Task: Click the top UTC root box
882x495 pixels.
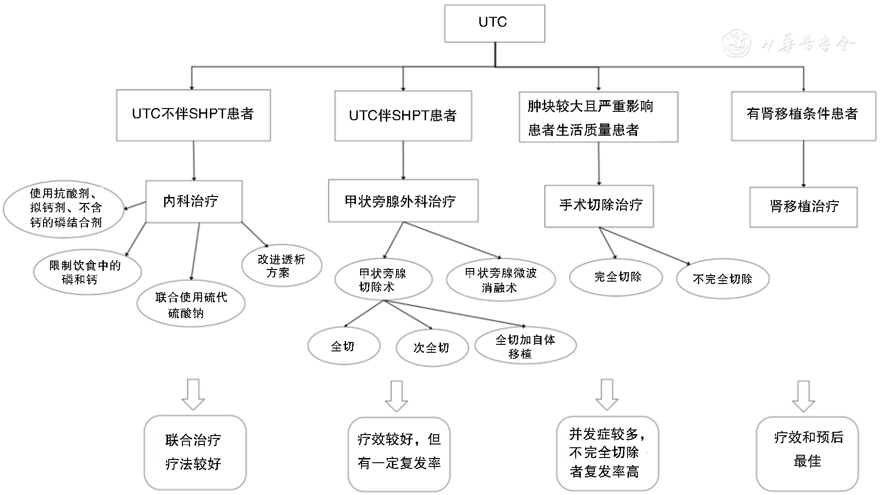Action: [x=494, y=23]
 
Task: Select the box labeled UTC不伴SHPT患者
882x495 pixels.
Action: [x=193, y=115]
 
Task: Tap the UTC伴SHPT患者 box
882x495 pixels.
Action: [x=403, y=116]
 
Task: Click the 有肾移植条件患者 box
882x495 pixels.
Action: [x=803, y=115]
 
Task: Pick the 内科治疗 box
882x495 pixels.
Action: [x=194, y=201]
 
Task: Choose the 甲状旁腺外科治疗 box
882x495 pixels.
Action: [x=403, y=201]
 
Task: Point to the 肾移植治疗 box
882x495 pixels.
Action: [x=803, y=207]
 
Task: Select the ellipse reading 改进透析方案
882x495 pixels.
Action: [x=282, y=265]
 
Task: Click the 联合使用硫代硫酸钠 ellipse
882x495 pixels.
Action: [x=191, y=305]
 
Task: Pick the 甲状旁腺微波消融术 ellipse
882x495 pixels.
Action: [x=500, y=280]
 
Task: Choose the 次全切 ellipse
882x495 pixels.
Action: [x=432, y=348]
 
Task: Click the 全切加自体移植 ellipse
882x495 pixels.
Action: [x=525, y=346]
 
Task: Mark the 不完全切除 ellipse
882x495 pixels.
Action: [x=722, y=279]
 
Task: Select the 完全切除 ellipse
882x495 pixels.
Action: [x=615, y=277]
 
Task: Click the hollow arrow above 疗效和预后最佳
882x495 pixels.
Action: [x=803, y=396]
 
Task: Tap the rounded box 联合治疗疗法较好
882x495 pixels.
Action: [x=195, y=452]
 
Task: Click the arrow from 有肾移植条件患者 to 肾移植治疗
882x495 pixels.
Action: [x=803, y=164]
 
